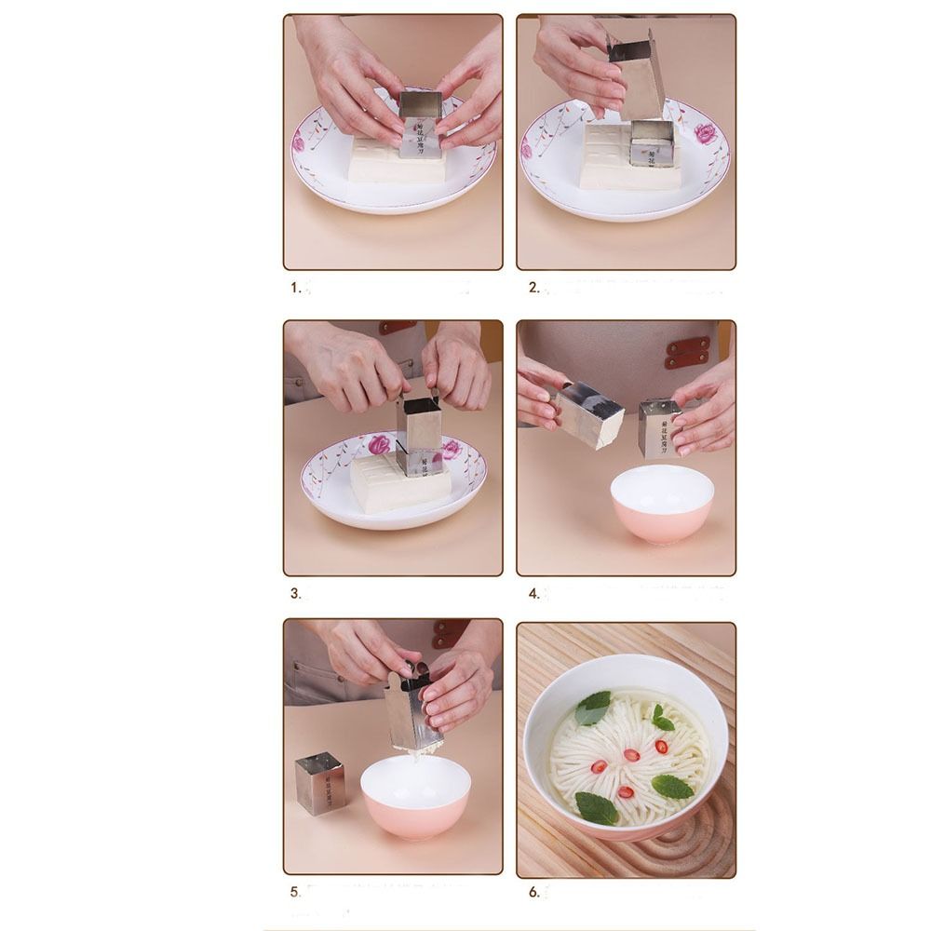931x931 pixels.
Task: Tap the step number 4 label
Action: coord(533,593)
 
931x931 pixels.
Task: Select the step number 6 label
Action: coord(533,892)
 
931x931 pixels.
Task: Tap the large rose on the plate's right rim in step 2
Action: coord(705,132)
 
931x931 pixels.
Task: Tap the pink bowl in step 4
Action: coord(660,503)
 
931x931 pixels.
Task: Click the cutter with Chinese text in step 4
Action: coord(660,427)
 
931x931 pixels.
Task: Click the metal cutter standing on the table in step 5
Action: coord(319,783)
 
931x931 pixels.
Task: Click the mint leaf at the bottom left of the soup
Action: coord(596,806)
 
